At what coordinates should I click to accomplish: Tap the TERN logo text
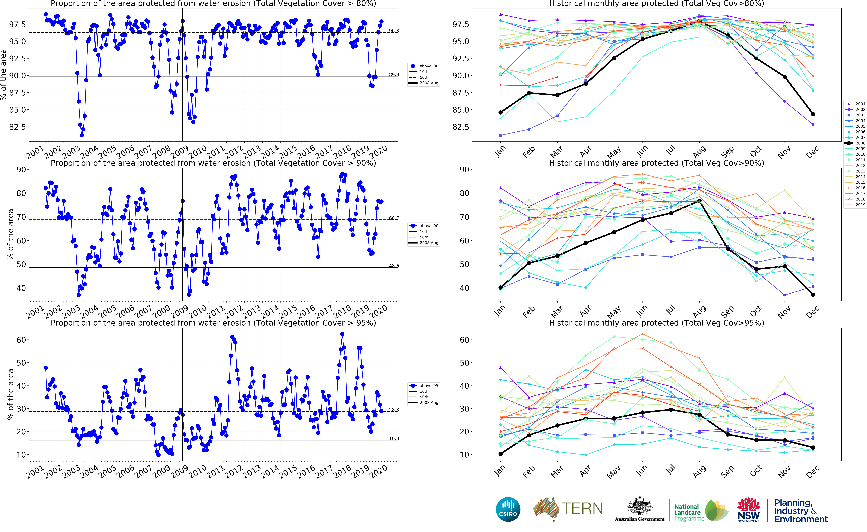(582, 508)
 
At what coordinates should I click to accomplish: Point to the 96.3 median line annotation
(394, 31)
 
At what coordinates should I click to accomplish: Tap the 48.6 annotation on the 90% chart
(394, 266)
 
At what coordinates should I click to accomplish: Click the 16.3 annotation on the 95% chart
(394, 438)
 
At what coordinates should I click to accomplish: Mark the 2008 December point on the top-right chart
(813, 114)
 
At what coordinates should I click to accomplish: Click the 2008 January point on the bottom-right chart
(500, 454)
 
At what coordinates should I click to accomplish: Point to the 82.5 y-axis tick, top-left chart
(18, 127)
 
